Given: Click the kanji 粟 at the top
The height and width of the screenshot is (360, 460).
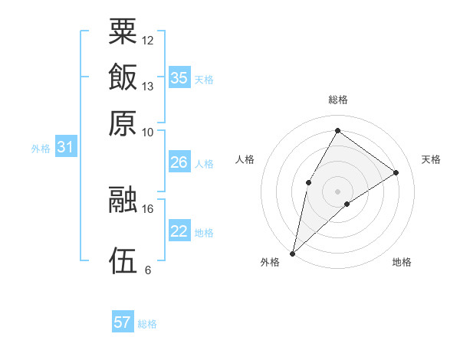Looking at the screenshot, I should point(123,31).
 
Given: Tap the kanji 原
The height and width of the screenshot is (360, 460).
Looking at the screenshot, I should point(123,123).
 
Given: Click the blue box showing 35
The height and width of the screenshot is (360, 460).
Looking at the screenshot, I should point(179,78).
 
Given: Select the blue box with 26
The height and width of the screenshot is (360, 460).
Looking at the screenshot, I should point(179,162).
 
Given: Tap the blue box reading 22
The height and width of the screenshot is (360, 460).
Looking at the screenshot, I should point(179,231).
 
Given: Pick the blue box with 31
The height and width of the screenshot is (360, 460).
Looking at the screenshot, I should point(65,148).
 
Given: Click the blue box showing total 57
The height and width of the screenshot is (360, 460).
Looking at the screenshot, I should point(123,322).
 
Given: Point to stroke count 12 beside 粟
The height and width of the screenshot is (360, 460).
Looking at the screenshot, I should point(148,40).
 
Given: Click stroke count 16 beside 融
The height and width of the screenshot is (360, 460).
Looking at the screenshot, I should point(148,208).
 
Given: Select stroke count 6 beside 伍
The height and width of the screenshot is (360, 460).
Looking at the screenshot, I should point(148,270).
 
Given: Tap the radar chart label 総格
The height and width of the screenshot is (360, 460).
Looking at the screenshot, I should point(337,100).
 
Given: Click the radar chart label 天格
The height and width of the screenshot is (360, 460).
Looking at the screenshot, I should point(431,159).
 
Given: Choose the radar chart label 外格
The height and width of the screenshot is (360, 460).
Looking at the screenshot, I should point(270,263).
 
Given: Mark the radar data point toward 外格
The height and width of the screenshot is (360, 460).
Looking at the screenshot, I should point(292,253).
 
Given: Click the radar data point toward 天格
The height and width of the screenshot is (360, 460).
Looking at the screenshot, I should point(396,172).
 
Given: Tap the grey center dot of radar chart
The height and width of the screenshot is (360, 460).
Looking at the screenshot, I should point(337,191).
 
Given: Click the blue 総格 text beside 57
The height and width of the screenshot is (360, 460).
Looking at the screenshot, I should point(147,324).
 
